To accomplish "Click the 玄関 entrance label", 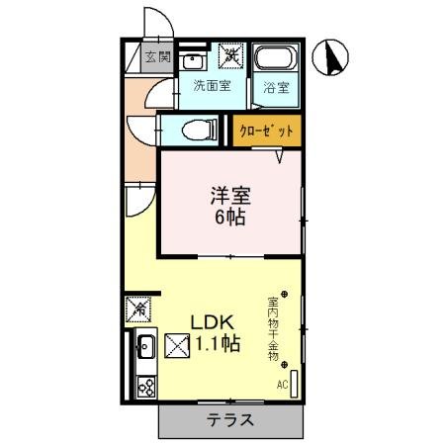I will click(157, 55).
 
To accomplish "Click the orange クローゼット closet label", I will click(265, 130).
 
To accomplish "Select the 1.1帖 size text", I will click(217, 346).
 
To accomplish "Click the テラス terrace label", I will click(229, 419).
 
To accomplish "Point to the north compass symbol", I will click(332, 59).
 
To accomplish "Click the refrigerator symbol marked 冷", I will click(138, 310).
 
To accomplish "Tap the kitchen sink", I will click(144, 347).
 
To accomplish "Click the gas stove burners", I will click(144, 385).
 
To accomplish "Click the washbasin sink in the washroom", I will click(194, 59).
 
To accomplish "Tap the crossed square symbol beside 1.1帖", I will click(176, 347).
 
